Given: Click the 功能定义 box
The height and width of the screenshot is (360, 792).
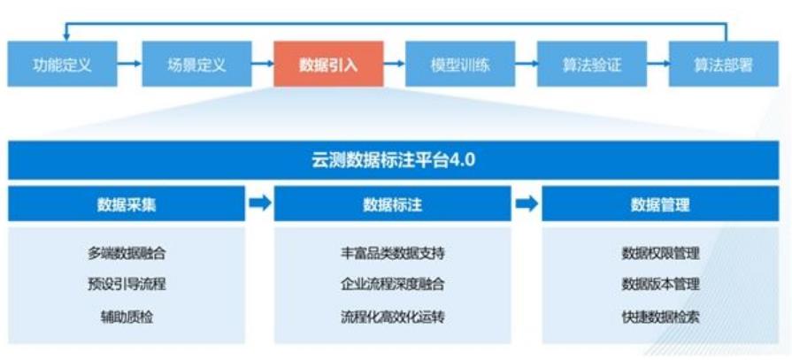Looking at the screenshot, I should click(63, 65).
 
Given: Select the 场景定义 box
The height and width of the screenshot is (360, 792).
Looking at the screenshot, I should click(196, 65).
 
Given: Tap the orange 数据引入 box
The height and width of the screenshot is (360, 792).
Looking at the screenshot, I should click(328, 65).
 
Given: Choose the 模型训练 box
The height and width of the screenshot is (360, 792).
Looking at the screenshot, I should click(460, 65).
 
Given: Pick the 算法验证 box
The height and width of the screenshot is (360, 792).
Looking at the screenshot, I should click(592, 65).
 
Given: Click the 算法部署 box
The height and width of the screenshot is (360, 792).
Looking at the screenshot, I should click(724, 65).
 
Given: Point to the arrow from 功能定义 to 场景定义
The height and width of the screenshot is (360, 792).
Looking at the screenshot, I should click(130, 65).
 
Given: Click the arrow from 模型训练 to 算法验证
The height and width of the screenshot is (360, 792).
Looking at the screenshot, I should click(527, 65).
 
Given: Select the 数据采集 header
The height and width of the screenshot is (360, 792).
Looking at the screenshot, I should click(127, 204).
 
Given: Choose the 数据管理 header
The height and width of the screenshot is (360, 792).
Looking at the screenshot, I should click(660, 204).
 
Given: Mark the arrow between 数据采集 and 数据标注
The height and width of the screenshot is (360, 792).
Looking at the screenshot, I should click(260, 204).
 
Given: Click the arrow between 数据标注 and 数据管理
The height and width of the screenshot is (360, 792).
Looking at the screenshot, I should click(527, 204).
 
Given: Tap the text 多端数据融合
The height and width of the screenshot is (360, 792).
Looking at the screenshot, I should click(127, 253).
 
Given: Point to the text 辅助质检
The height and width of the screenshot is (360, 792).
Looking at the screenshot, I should click(127, 316).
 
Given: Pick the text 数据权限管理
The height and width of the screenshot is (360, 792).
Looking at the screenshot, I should click(660, 253).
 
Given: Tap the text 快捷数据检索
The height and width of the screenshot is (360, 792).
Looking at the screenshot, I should click(660, 316).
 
